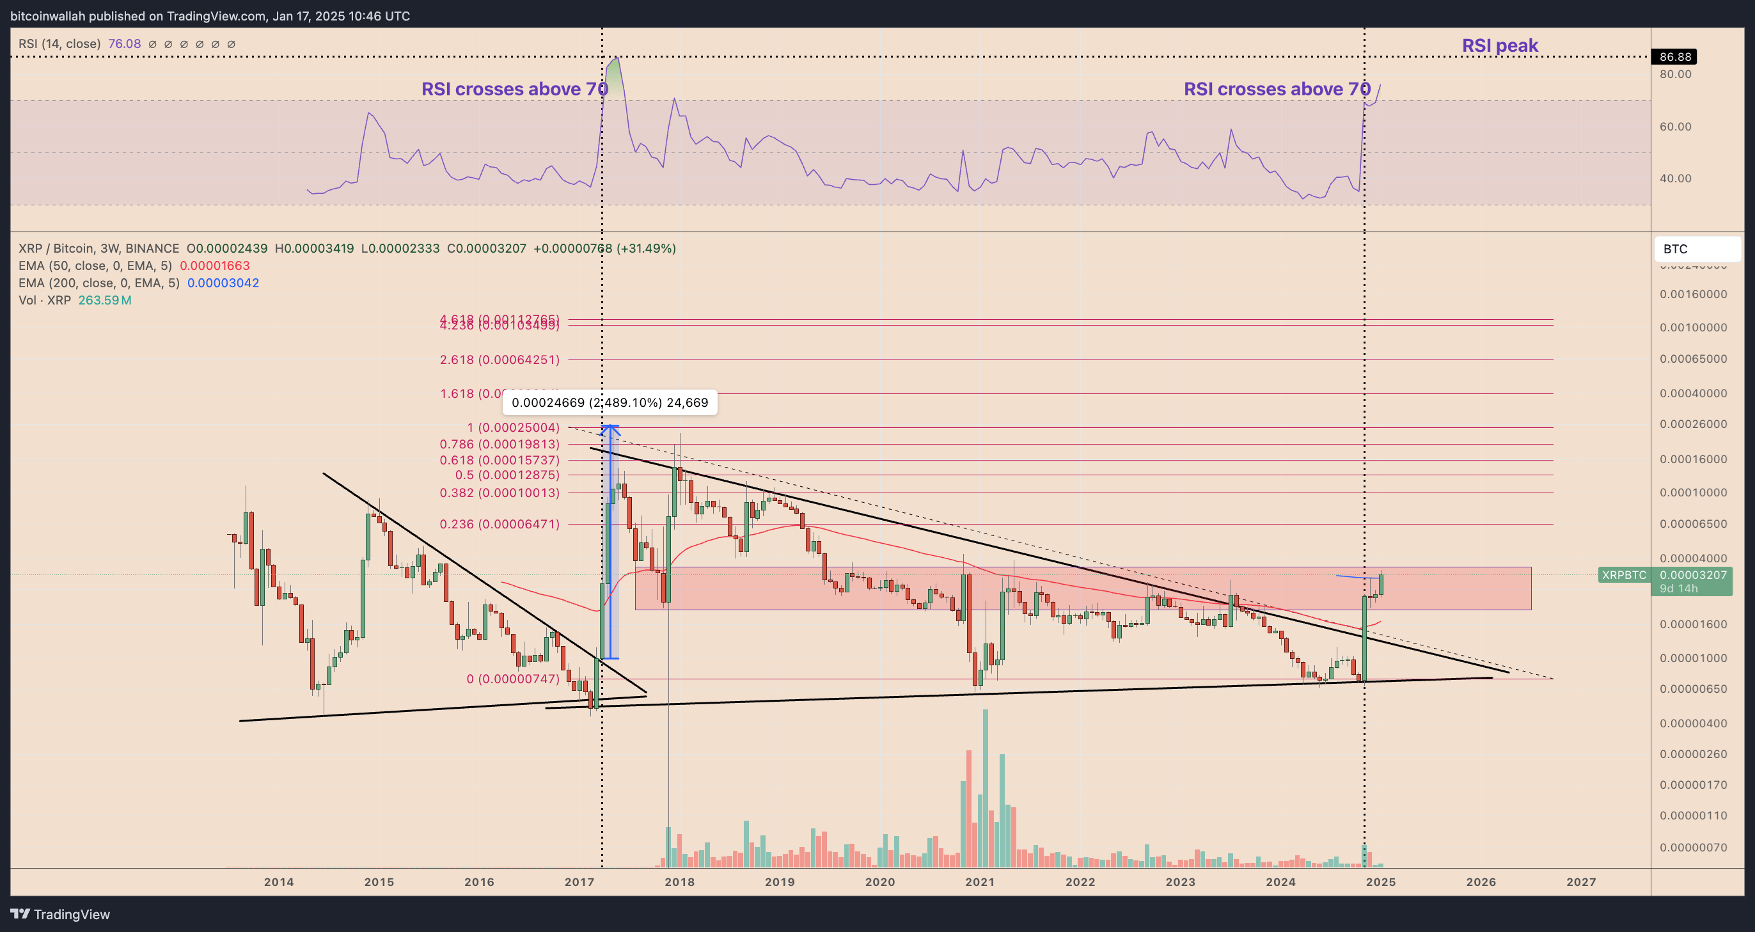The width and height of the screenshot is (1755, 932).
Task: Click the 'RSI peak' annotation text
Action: (x=1500, y=45)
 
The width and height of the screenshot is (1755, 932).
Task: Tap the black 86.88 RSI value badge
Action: (x=1674, y=56)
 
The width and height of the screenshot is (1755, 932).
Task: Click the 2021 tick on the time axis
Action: (x=980, y=881)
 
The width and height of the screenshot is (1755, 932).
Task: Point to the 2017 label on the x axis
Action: (x=579, y=881)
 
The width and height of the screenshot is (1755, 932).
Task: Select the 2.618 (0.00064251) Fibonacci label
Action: (x=500, y=359)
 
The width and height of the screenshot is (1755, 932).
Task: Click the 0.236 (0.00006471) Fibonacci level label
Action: (x=500, y=524)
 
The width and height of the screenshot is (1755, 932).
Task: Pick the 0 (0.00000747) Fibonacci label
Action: (x=512, y=679)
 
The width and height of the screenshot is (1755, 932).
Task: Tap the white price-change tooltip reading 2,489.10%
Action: (x=610, y=402)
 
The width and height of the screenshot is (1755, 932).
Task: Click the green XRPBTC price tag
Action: (x=1623, y=575)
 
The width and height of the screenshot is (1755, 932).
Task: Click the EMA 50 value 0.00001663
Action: (x=215, y=265)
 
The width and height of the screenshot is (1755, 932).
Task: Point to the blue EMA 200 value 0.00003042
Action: (x=223, y=283)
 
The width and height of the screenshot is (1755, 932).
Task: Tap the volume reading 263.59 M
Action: (x=105, y=301)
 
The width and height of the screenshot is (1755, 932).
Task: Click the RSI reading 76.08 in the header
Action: (x=125, y=44)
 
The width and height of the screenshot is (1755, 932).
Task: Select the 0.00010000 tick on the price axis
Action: (x=1693, y=493)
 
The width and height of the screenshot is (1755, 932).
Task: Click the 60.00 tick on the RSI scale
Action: (x=1675, y=127)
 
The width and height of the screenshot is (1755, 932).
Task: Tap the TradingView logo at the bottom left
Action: (x=60, y=914)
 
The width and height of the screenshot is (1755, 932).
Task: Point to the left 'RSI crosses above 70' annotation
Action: (x=514, y=90)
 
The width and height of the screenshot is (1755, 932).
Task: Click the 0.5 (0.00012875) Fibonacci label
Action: (x=507, y=475)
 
